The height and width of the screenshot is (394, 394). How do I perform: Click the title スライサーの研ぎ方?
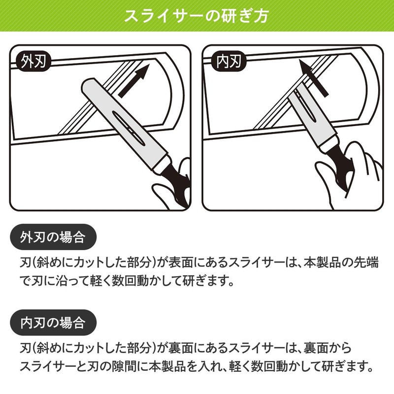point(197,16)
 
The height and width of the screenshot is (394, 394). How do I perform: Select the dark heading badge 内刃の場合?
point(53,323)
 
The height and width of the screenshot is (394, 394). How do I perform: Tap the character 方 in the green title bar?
point(262,16)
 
